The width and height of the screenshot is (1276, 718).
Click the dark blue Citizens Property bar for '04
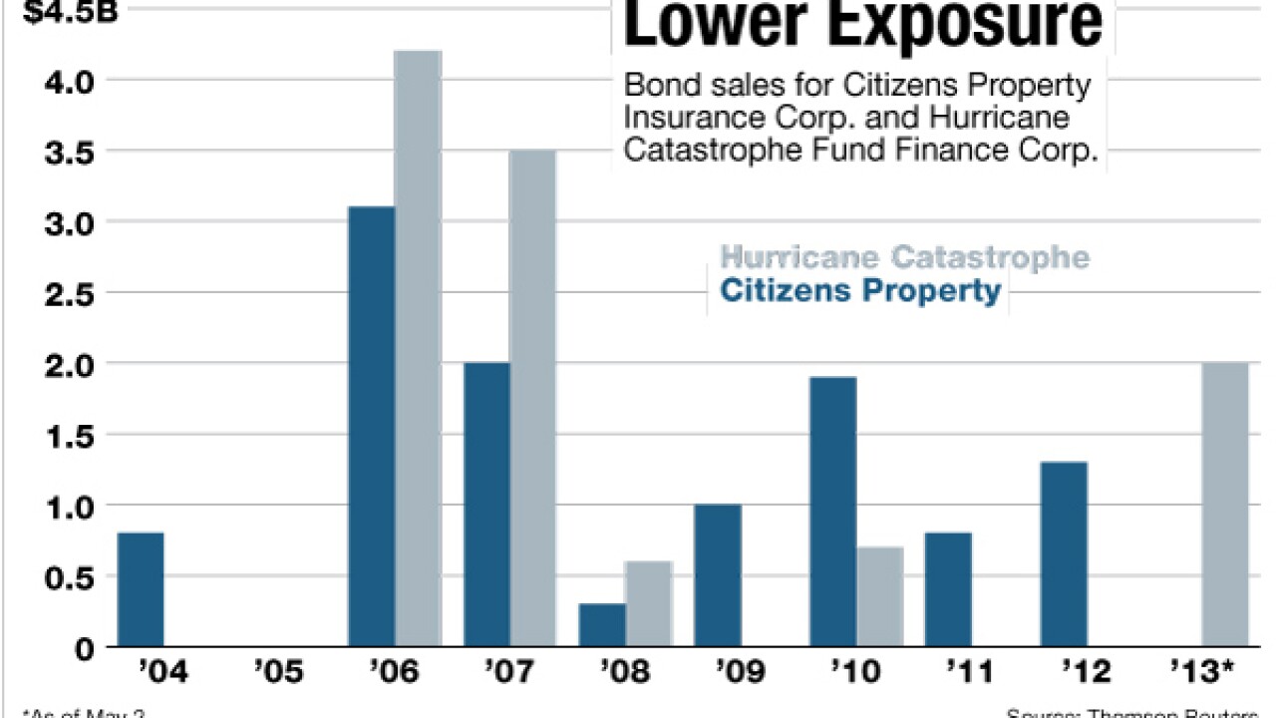[141, 589]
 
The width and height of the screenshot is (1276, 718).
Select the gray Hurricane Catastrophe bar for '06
[418, 349]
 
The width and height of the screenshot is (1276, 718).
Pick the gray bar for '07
[532, 399]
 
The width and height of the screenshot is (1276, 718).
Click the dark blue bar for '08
[602, 625]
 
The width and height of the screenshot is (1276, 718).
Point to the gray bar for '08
[648, 604]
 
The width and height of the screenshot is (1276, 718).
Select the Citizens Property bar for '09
[718, 575]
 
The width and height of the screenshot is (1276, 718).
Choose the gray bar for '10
[878, 596]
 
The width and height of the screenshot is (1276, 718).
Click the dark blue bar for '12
[1063, 554]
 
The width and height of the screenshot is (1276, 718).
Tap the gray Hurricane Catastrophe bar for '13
[1224, 505]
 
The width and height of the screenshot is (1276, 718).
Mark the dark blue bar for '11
[947, 589]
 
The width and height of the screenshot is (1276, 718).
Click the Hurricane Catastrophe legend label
[904, 256]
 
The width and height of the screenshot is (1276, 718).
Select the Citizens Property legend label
[860, 291]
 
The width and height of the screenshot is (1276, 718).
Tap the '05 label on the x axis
[278, 672]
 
